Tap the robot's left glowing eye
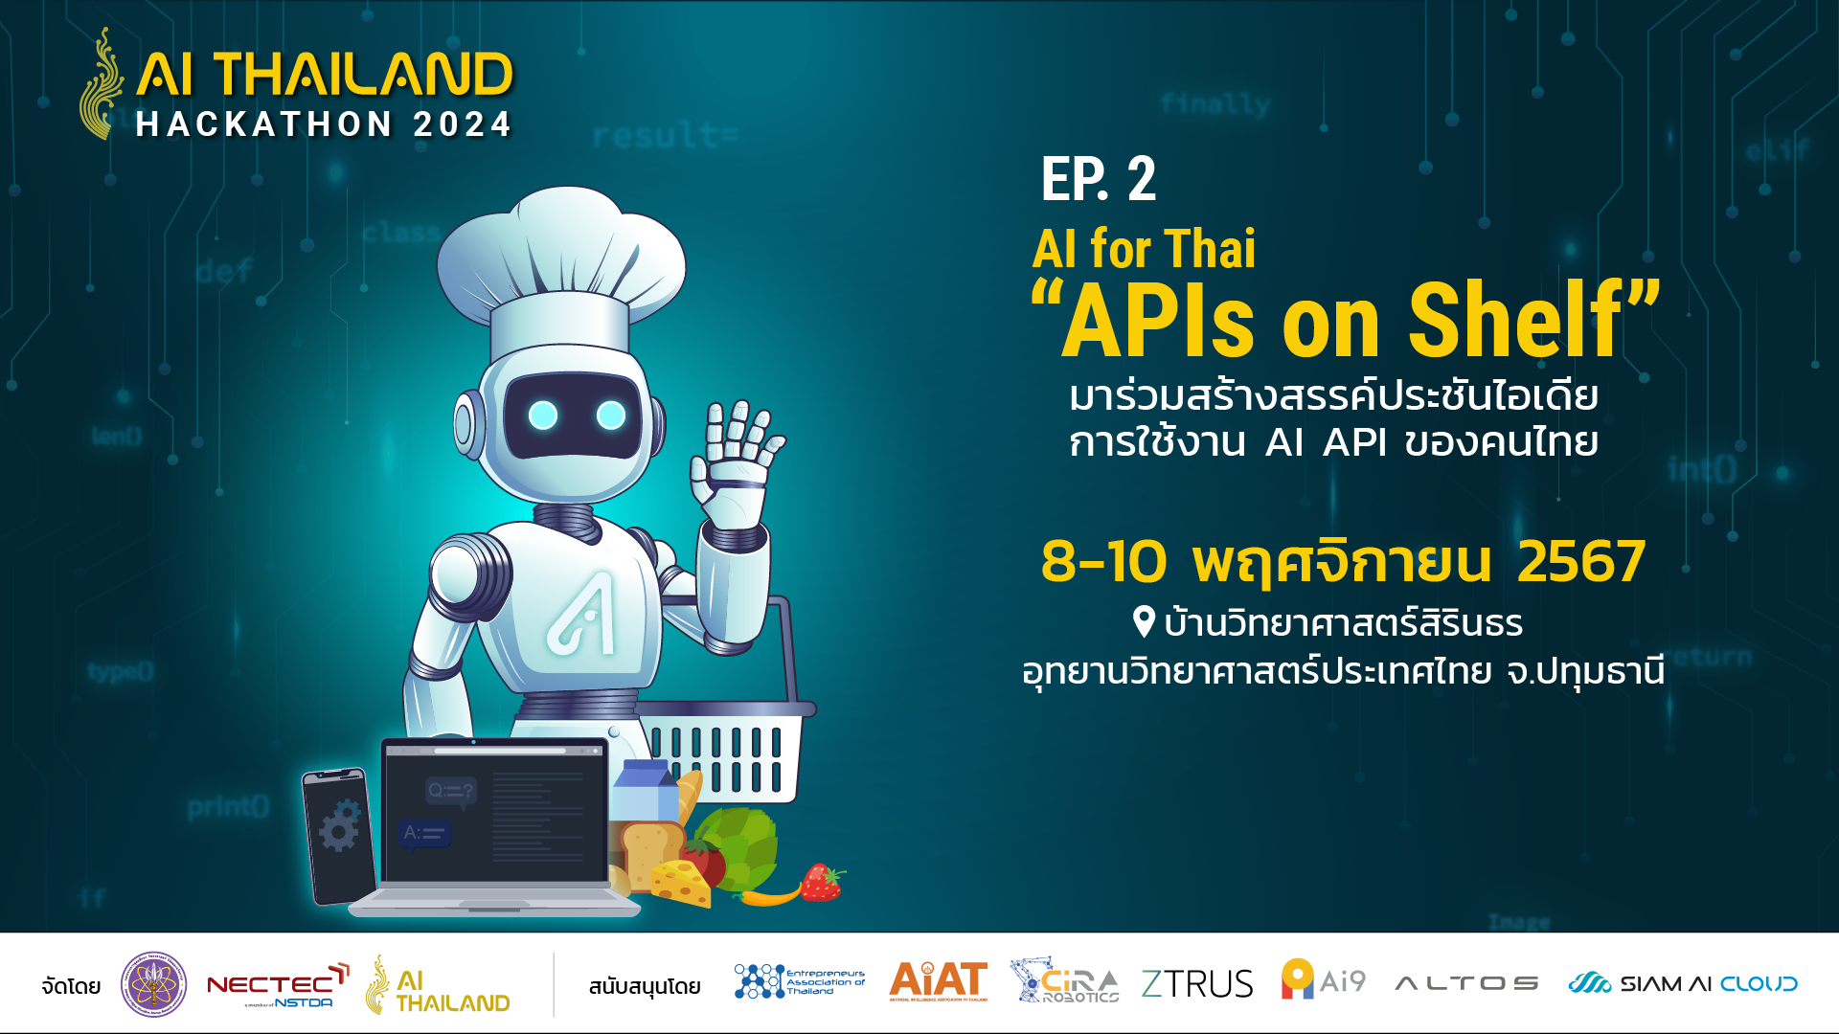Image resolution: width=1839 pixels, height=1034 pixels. tap(543, 416)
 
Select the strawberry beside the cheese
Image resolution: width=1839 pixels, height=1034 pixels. tap(821, 882)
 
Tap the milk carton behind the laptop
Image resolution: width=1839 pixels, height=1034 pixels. tap(644, 791)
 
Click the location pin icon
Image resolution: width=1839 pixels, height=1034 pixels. tap(1143, 621)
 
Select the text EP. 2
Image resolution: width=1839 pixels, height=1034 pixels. tap(1099, 179)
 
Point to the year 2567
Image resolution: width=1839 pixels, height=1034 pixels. tap(1581, 561)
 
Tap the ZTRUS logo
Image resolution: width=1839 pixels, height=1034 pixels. tap(1196, 983)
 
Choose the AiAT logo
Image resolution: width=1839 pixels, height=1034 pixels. tap(938, 981)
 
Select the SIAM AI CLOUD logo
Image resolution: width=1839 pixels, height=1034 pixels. tap(1682, 983)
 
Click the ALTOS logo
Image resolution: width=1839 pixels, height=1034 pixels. tap(1466, 983)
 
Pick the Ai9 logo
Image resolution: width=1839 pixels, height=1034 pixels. tap(1323, 980)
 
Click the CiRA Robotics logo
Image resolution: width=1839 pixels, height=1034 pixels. tap(1064, 981)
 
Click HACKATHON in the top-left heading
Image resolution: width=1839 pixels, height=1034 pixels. tap(264, 124)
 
